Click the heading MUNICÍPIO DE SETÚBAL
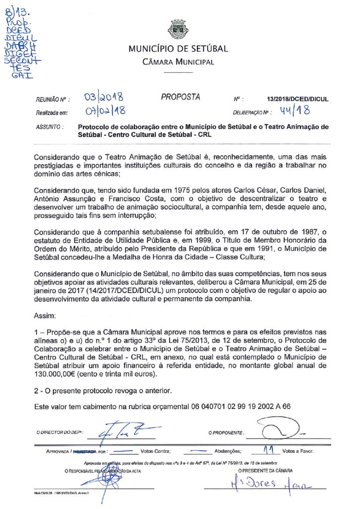tap(178, 49)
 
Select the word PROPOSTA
tap(180, 97)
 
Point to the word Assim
tap(45, 316)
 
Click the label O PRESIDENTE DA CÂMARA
tap(265, 470)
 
